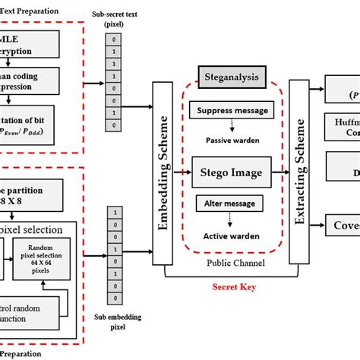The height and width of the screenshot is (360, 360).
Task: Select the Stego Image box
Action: pos(230,172)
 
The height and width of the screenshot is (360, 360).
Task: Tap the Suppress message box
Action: pos(231,110)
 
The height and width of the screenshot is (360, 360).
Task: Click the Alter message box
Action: pos(230,204)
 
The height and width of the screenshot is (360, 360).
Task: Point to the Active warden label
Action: pos(231,235)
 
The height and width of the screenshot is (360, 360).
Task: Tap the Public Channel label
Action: pos(231,263)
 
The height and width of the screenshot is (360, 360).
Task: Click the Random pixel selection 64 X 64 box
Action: pos(45,257)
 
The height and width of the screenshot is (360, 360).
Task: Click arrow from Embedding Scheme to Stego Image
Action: pos(182,172)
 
